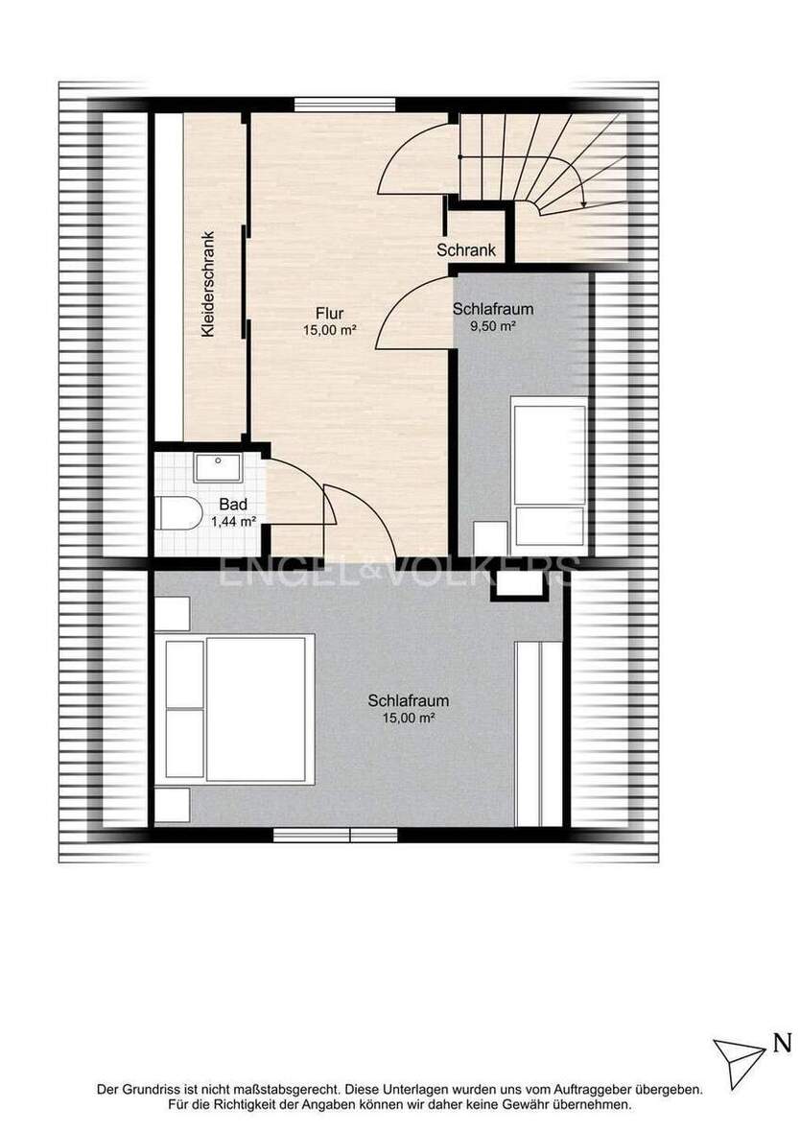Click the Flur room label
pyautogui.click(x=329, y=314)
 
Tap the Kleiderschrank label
pyautogui.click(x=208, y=284)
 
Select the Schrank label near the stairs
pyautogui.click(x=466, y=249)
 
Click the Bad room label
pyautogui.click(x=234, y=504)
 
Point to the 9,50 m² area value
pyautogui.click(x=492, y=325)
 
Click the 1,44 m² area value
pyautogui.click(x=233, y=520)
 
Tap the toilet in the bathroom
pyautogui.click(x=179, y=513)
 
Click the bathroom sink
pyautogui.click(x=218, y=468)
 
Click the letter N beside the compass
pyautogui.click(x=781, y=1044)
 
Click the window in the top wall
pyautogui.click(x=345, y=104)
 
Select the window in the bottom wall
pyautogui.click(x=335, y=836)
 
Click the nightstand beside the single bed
pyautogui.click(x=490, y=538)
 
